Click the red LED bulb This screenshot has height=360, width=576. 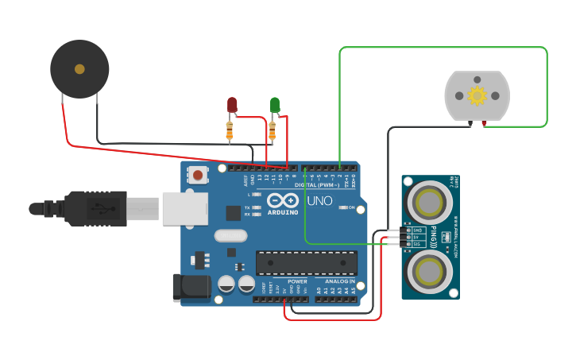click(232, 104)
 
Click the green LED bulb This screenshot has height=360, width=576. click(274, 104)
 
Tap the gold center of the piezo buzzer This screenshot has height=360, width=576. click(79, 69)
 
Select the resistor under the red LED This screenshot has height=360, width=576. click(230, 129)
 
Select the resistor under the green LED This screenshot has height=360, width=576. click(272, 129)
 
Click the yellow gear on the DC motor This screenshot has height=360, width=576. click(477, 96)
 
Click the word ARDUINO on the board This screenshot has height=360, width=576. click(283, 212)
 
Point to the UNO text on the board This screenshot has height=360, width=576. click(319, 201)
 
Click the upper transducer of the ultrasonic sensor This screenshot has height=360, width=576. click(429, 199)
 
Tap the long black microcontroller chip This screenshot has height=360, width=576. click(306, 263)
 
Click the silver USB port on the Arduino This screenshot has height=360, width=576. click(185, 208)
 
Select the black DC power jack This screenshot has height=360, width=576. click(191, 288)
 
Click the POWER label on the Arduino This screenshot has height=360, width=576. click(297, 281)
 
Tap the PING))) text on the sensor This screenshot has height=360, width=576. click(433, 236)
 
